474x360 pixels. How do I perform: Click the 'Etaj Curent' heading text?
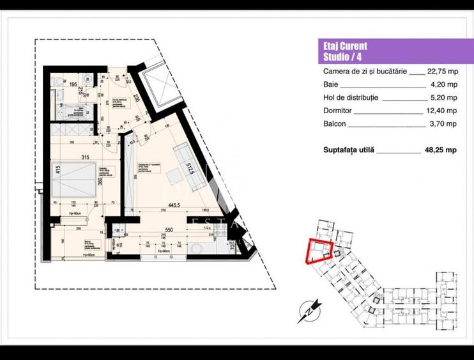pos(345,47)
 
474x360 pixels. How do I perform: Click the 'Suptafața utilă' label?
pos(349,150)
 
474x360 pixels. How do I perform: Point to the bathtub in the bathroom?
pos(66,112)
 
